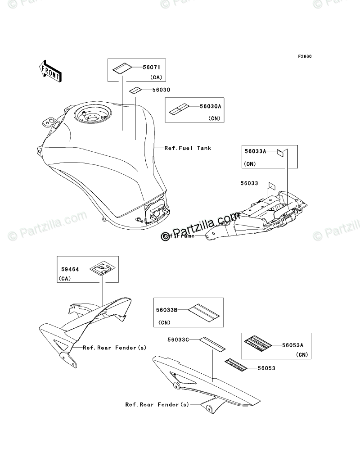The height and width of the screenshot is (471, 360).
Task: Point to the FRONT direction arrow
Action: tap(50, 70)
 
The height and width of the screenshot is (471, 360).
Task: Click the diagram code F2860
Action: tap(304, 57)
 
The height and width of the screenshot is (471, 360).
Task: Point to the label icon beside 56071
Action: tap(121, 68)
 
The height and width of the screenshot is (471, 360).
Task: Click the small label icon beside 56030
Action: tap(135, 90)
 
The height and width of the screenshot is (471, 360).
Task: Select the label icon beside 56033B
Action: tap(204, 310)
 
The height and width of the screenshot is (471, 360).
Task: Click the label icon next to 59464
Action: tap(102, 270)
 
